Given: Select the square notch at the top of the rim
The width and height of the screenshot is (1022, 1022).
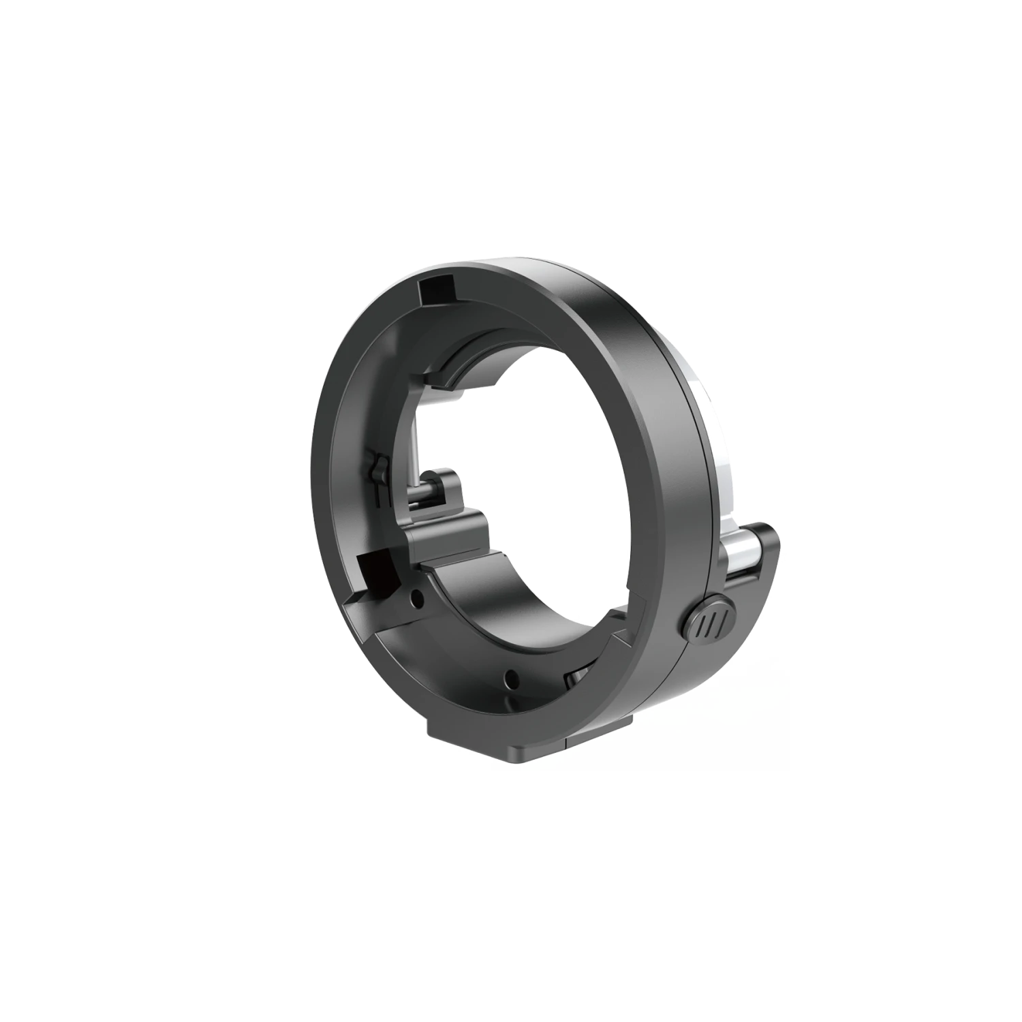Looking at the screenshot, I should (x=437, y=292).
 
